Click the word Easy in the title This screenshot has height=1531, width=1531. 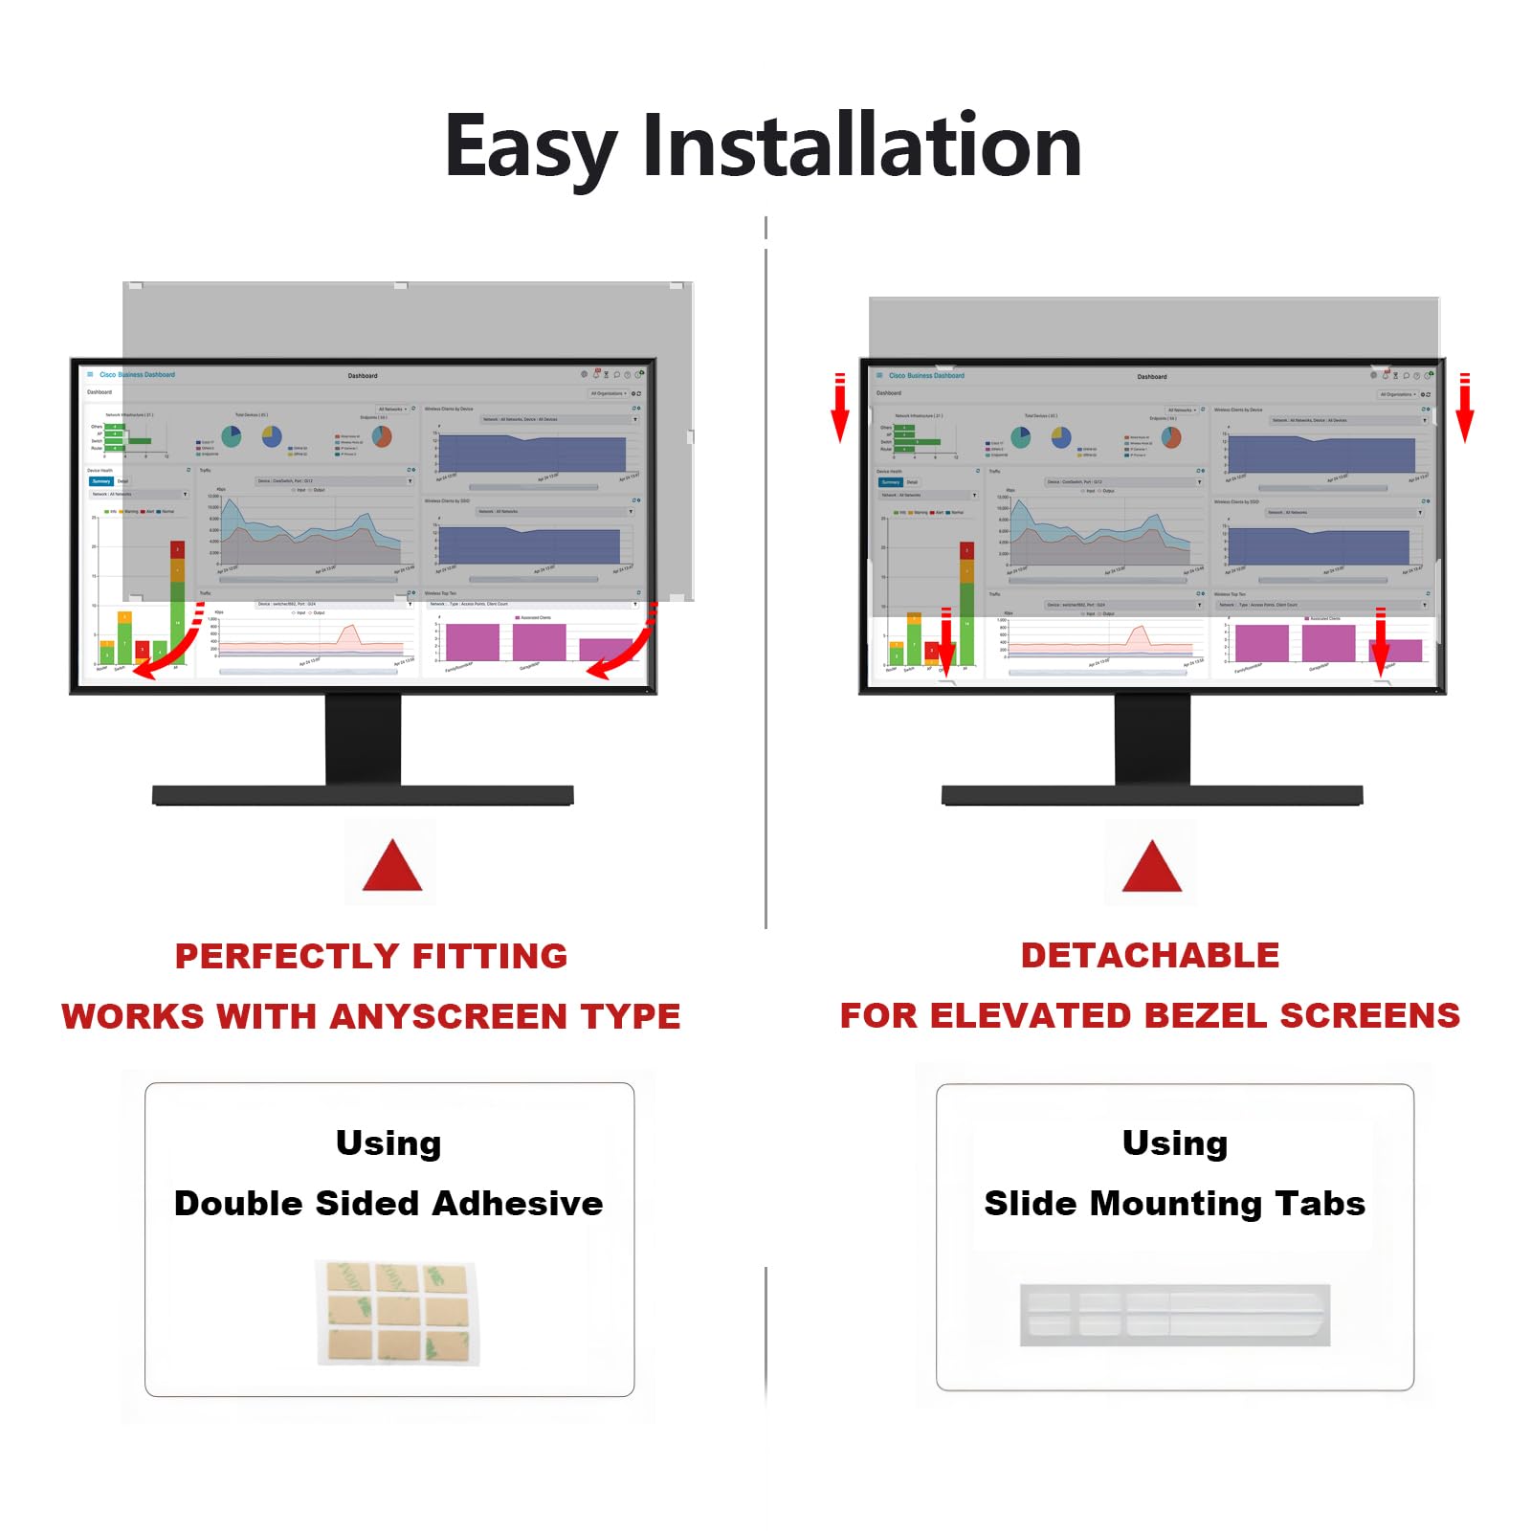[x=531, y=148]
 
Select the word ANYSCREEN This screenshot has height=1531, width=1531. [x=449, y=1016]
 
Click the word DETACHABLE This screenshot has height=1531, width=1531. [x=1149, y=955]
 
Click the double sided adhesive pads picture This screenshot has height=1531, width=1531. [x=397, y=1312]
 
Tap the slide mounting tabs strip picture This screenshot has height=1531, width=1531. [x=1174, y=1314]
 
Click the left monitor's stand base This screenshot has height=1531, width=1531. [x=363, y=795]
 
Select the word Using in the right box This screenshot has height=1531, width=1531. [x=1174, y=1143]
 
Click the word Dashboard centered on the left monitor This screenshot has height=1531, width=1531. [x=363, y=376]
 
